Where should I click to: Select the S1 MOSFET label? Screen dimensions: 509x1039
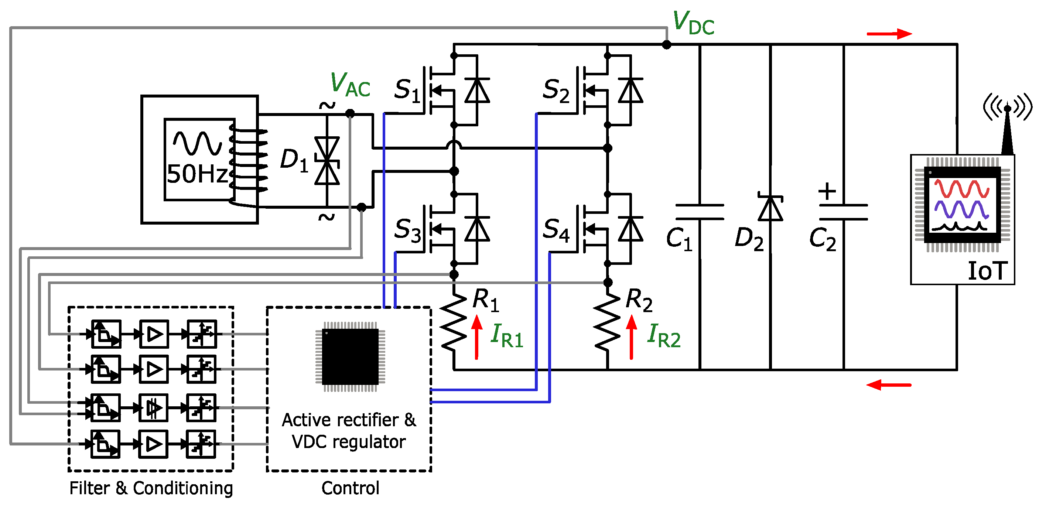pyautogui.click(x=407, y=89)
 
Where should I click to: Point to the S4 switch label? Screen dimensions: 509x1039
pyautogui.click(x=556, y=230)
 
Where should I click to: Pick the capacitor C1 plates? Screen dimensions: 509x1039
pyautogui.click(x=700, y=212)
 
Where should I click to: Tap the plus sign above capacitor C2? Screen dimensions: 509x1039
pyautogui.click(x=827, y=191)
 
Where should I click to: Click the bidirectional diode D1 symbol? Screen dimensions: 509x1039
pyautogui.click(x=327, y=161)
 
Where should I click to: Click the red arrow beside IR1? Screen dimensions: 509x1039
pyautogui.click(x=477, y=337)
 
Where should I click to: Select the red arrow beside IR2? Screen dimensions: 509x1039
pyautogui.click(x=631, y=337)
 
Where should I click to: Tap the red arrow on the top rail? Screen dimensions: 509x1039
pyautogui.click(x=889, y=34)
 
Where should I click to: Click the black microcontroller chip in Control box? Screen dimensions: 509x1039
pyautogui.click(x=350, y=356)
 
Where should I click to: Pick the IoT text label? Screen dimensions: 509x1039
pyautogui.click(x=987, y=271)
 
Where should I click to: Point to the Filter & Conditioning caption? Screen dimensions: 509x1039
pyautogui.click(x=151, y=488)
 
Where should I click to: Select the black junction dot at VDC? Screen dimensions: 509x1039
pyautogui.click(x=667, y=45)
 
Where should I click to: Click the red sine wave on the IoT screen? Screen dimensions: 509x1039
pyautogui.click(x=961, y=188)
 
